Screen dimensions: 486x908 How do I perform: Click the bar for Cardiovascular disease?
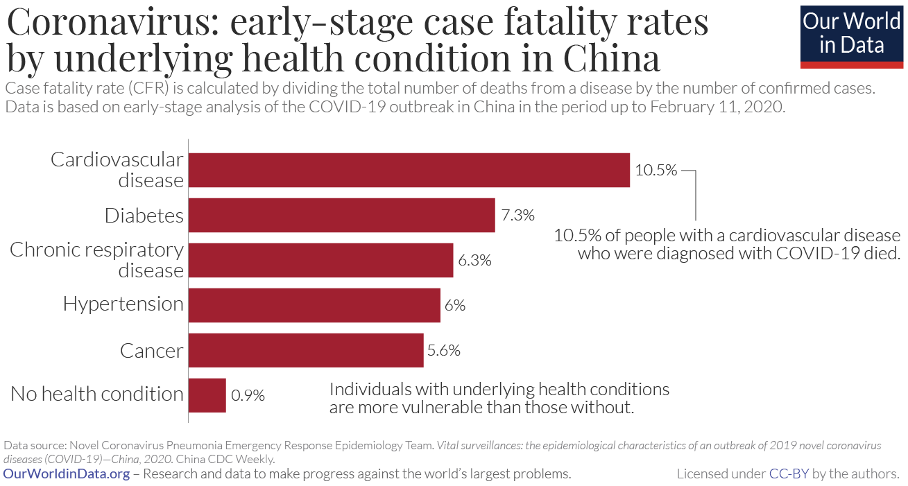click(x=409, y=171)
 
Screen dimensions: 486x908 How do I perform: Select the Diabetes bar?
click(x=342, y=215)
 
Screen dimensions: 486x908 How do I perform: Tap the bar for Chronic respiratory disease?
click(x=321, y=260)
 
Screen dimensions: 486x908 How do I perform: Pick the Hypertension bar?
click(x=315, y=305)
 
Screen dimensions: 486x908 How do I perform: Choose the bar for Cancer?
click(x=306, y=350)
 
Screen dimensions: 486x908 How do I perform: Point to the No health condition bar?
click(x=207, y=395)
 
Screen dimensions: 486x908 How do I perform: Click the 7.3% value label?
click(x=518, y=215)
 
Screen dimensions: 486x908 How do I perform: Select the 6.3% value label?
click(x=474, y=261)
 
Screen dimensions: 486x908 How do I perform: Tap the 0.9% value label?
click(x=248, y=396)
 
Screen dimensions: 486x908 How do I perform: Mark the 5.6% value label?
click(x=444, y=351)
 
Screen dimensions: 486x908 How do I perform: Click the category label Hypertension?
click(x=123, y=304)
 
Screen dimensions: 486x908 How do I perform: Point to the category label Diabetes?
click(x=144, y=216)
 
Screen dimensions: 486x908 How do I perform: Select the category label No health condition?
click(x=97, y=394)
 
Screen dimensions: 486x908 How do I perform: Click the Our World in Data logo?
click(x=851, y=35)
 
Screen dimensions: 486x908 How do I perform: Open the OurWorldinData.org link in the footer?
click(x=67, y=474)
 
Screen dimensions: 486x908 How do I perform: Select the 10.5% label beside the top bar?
click(x=656, y=170)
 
